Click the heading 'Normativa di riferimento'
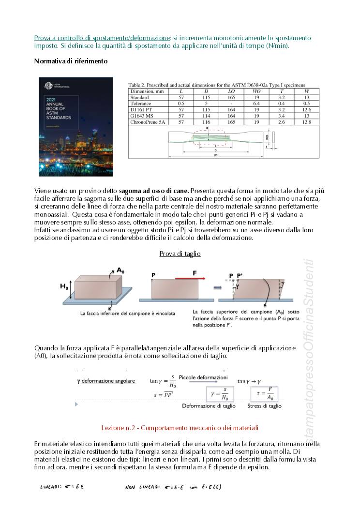[71, 61]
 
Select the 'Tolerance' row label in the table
[141, 104]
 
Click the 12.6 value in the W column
[307, 110]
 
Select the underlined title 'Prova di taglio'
[180, 254]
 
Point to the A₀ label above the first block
[121, 270]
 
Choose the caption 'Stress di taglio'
[264, 406]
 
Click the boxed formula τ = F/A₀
[264, 392]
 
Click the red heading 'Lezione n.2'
[180, 428]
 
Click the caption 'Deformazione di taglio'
[209, 406]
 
